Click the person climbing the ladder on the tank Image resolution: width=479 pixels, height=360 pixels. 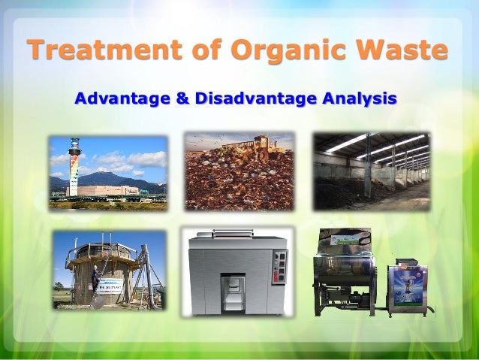coord(95,278)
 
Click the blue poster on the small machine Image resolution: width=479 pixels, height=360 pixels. coord(405,286)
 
